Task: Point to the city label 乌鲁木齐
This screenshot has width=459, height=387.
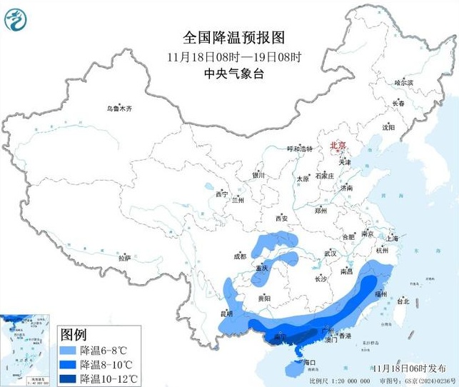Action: pos(119,109)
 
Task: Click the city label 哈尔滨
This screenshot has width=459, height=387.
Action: pos(404,83)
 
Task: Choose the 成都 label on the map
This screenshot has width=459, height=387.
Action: pos(238,256)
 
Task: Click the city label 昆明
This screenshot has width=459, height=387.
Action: pos(226,313)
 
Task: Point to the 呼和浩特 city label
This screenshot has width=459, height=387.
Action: pos(300,149)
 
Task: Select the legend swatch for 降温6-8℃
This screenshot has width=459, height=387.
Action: pos(69,350)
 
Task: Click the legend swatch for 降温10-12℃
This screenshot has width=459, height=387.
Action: pos(69,377)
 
